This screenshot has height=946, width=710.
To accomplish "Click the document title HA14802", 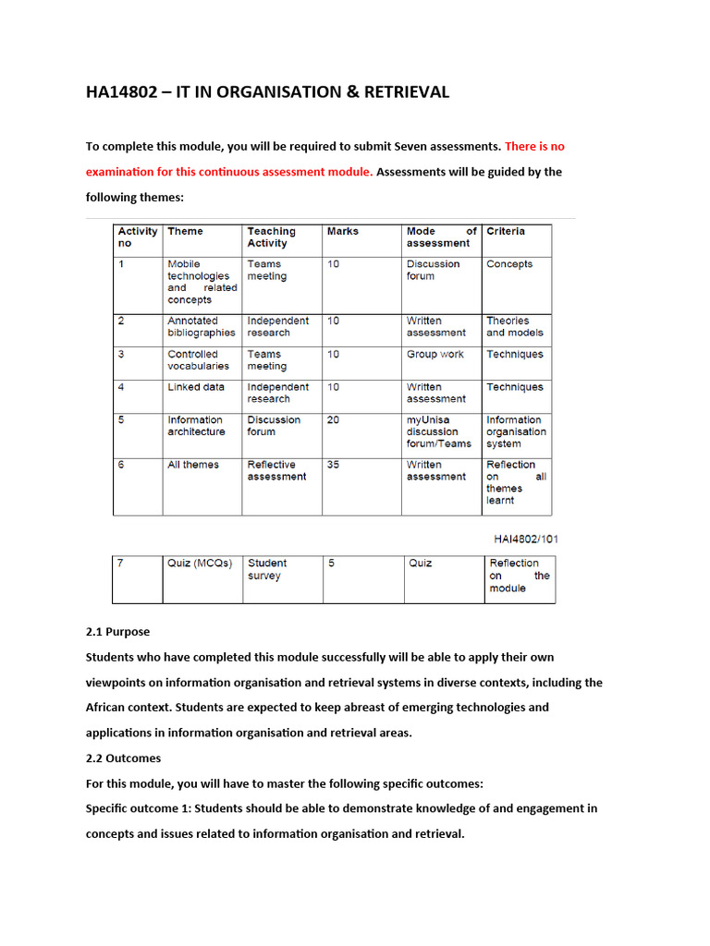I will pos(267,91).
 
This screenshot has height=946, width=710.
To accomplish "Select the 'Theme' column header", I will pos(185,231).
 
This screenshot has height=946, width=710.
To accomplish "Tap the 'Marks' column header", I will pos(342,231).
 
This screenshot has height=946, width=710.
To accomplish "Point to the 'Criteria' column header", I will pos(506,231).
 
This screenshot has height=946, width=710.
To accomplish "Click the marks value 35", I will pos(333,465).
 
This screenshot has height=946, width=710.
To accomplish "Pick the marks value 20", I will pos(333,419).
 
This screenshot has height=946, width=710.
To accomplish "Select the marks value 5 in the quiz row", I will pos(330,563).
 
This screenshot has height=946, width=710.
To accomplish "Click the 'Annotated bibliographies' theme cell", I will pos(201,327).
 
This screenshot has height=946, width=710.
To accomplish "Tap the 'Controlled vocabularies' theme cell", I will pos(198,360).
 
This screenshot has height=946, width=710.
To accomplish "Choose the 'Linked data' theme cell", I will pos(195,387).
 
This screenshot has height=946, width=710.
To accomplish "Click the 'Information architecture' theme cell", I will pos(196,426).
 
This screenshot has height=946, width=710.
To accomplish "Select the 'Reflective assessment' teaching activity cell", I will pos(275,470).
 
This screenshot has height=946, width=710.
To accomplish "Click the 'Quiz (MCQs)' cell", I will pos(199,563).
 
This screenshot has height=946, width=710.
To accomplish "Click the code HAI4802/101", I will pos(522,539).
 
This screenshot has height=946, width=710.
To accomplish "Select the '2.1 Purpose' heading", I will pos(117,632).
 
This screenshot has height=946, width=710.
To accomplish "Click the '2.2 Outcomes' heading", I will pos(123,758).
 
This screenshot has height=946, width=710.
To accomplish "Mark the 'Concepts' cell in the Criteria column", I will pos(509,264).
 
